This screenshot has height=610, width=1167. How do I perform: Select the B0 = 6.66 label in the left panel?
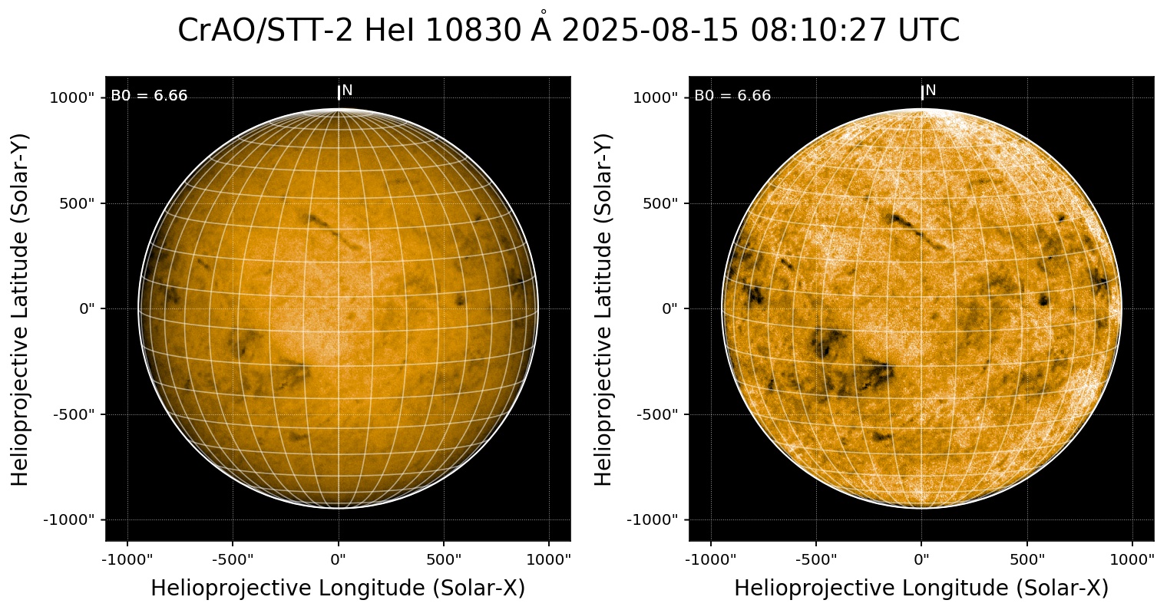coord(149,96)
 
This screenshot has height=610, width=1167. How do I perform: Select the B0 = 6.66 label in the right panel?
coord(732,96)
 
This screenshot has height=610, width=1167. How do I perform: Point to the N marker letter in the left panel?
coord(347,91)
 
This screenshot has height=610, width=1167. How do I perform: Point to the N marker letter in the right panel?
coord(931,91)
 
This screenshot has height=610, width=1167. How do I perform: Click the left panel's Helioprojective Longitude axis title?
coord(338,589)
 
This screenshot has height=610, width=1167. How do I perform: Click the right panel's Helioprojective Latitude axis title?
coord(604,308)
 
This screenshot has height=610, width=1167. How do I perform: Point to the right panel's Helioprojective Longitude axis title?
coord(921,589)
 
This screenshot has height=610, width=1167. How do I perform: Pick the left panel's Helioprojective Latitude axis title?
coord(21,308)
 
